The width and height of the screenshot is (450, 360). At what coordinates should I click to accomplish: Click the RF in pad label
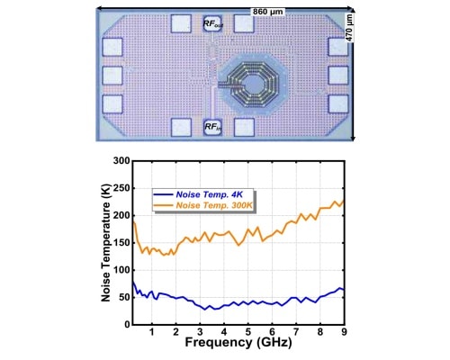pos(213,128)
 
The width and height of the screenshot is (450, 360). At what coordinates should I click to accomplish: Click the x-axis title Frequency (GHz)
pos(238,343)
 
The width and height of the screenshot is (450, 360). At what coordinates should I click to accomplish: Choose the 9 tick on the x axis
pos(344,329)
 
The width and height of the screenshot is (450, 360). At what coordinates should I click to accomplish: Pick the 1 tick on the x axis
pos(151,329)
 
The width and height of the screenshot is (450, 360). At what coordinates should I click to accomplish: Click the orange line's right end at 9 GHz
pos(344,201)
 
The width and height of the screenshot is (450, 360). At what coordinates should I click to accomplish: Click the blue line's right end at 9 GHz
pos(344,290)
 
